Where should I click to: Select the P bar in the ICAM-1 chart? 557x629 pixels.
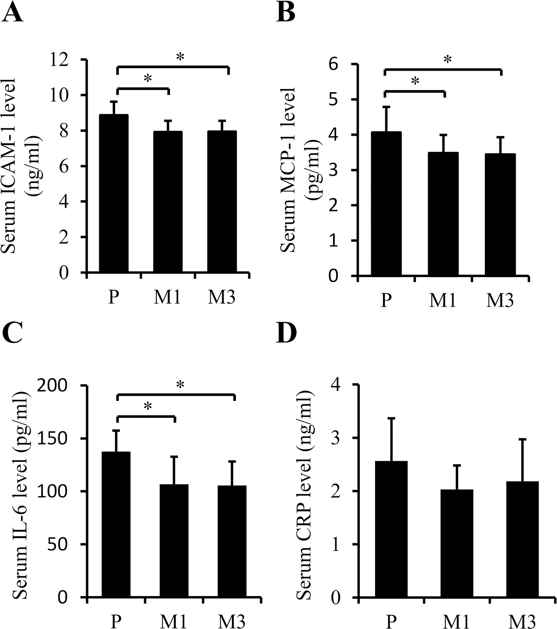pyautogui.click(x=114, y=193)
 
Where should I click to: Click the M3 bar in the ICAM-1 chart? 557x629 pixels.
pyautogui.click(x=222, y=202)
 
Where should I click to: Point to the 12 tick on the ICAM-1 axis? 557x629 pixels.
pyautogui.click(x=72, y=59)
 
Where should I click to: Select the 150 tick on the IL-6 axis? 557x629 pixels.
pyautogui.click(x=66, y=438)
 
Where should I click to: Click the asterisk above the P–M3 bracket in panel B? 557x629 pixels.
pyautogui.click(x=447, y=60)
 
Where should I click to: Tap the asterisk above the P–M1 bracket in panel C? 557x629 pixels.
pyautogui.click(x=148, y=406)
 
